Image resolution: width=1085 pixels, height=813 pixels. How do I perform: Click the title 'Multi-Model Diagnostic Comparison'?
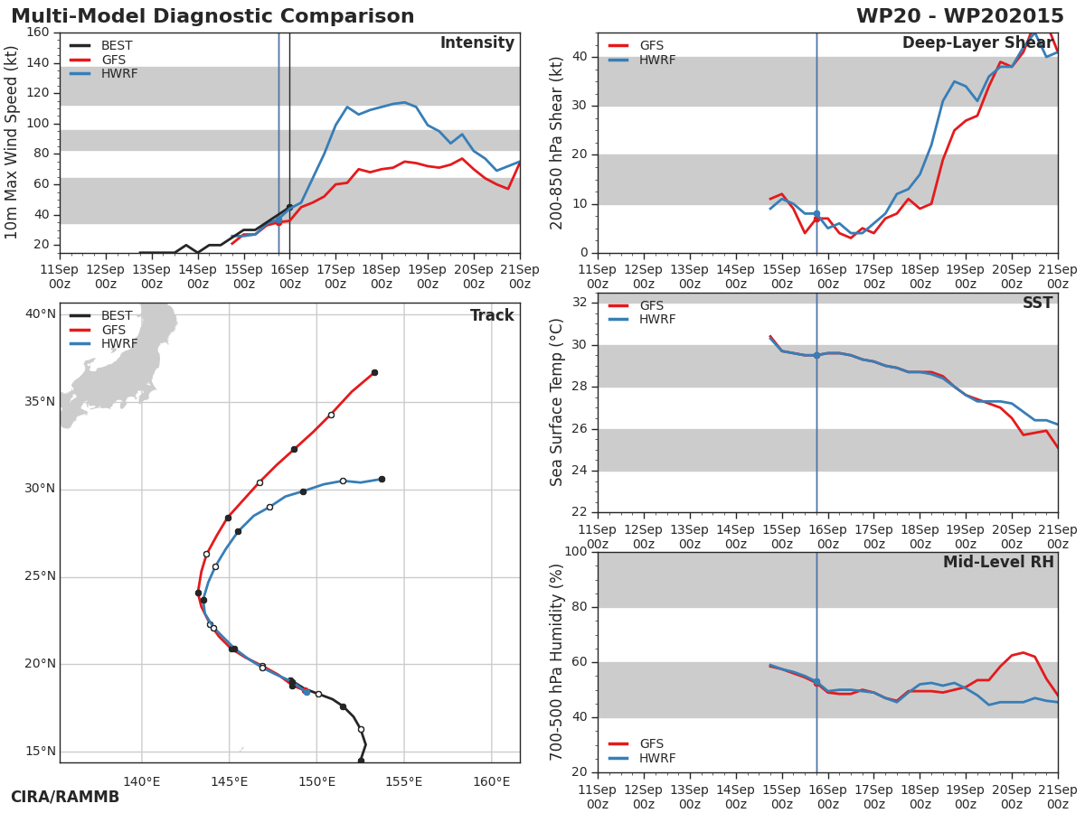pyautogui.click(x=212, y=16)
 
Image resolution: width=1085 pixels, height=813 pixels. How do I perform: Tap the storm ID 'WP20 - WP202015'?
pyautogui.click(x=959, y=16)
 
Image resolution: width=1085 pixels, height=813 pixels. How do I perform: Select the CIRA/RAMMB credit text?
pyautogui.click(x=65, y=797)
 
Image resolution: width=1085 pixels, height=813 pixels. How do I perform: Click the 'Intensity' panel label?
pyautogui.click(x=476, y=43)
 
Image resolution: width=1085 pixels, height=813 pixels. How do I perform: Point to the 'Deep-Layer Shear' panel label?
pyautogui.click(x=976, y=43)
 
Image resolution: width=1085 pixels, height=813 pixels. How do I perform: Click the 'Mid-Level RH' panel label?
pyautogui.click(x=998, y=562)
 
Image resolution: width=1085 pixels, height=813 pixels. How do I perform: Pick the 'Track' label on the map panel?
pyautogui.click(x=492, y=315)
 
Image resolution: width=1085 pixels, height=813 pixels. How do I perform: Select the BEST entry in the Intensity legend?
pyautogui.click(x=116, y=46)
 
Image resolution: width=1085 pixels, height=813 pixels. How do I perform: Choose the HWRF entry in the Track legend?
pyautogui.click(x=119, y=344)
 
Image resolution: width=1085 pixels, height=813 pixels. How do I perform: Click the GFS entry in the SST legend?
pyautogui.click(x=651, y=305)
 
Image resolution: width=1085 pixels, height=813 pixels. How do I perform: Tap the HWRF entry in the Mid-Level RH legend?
pyautogui.click(x=656, y=758)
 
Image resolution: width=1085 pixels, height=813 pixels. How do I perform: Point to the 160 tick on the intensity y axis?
pyautogui.click(x=38, y=33)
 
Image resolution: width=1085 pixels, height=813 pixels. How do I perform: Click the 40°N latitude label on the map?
pyautogui.click(x=40, y=314)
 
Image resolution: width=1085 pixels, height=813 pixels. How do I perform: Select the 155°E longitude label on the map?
pyautogui.click(x=403, y=781)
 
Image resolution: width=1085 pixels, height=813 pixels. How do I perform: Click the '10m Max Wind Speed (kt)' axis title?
pyautogui.click(x=12, y=143)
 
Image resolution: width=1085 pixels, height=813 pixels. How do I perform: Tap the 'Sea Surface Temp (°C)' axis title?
pyautogui.click(x=557, y=402)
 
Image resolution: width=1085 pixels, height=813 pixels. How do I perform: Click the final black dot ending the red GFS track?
pyautogui.click(x=374, y=372)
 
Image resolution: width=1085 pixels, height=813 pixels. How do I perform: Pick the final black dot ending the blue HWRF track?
pyautogui.click(x=382, y=479)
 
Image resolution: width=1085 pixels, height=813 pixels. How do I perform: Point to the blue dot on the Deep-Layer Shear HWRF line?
pyautogui.click(x=816, y=214)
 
